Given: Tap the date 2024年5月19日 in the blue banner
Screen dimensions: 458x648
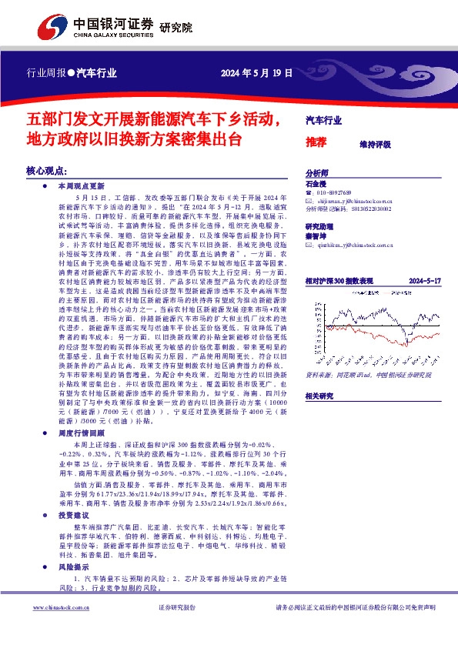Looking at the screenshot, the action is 257,74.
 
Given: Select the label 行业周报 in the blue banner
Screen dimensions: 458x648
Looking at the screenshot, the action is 45,74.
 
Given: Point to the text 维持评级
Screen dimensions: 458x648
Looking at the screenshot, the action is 375,144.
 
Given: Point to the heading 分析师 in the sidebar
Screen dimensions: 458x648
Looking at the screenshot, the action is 317,174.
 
